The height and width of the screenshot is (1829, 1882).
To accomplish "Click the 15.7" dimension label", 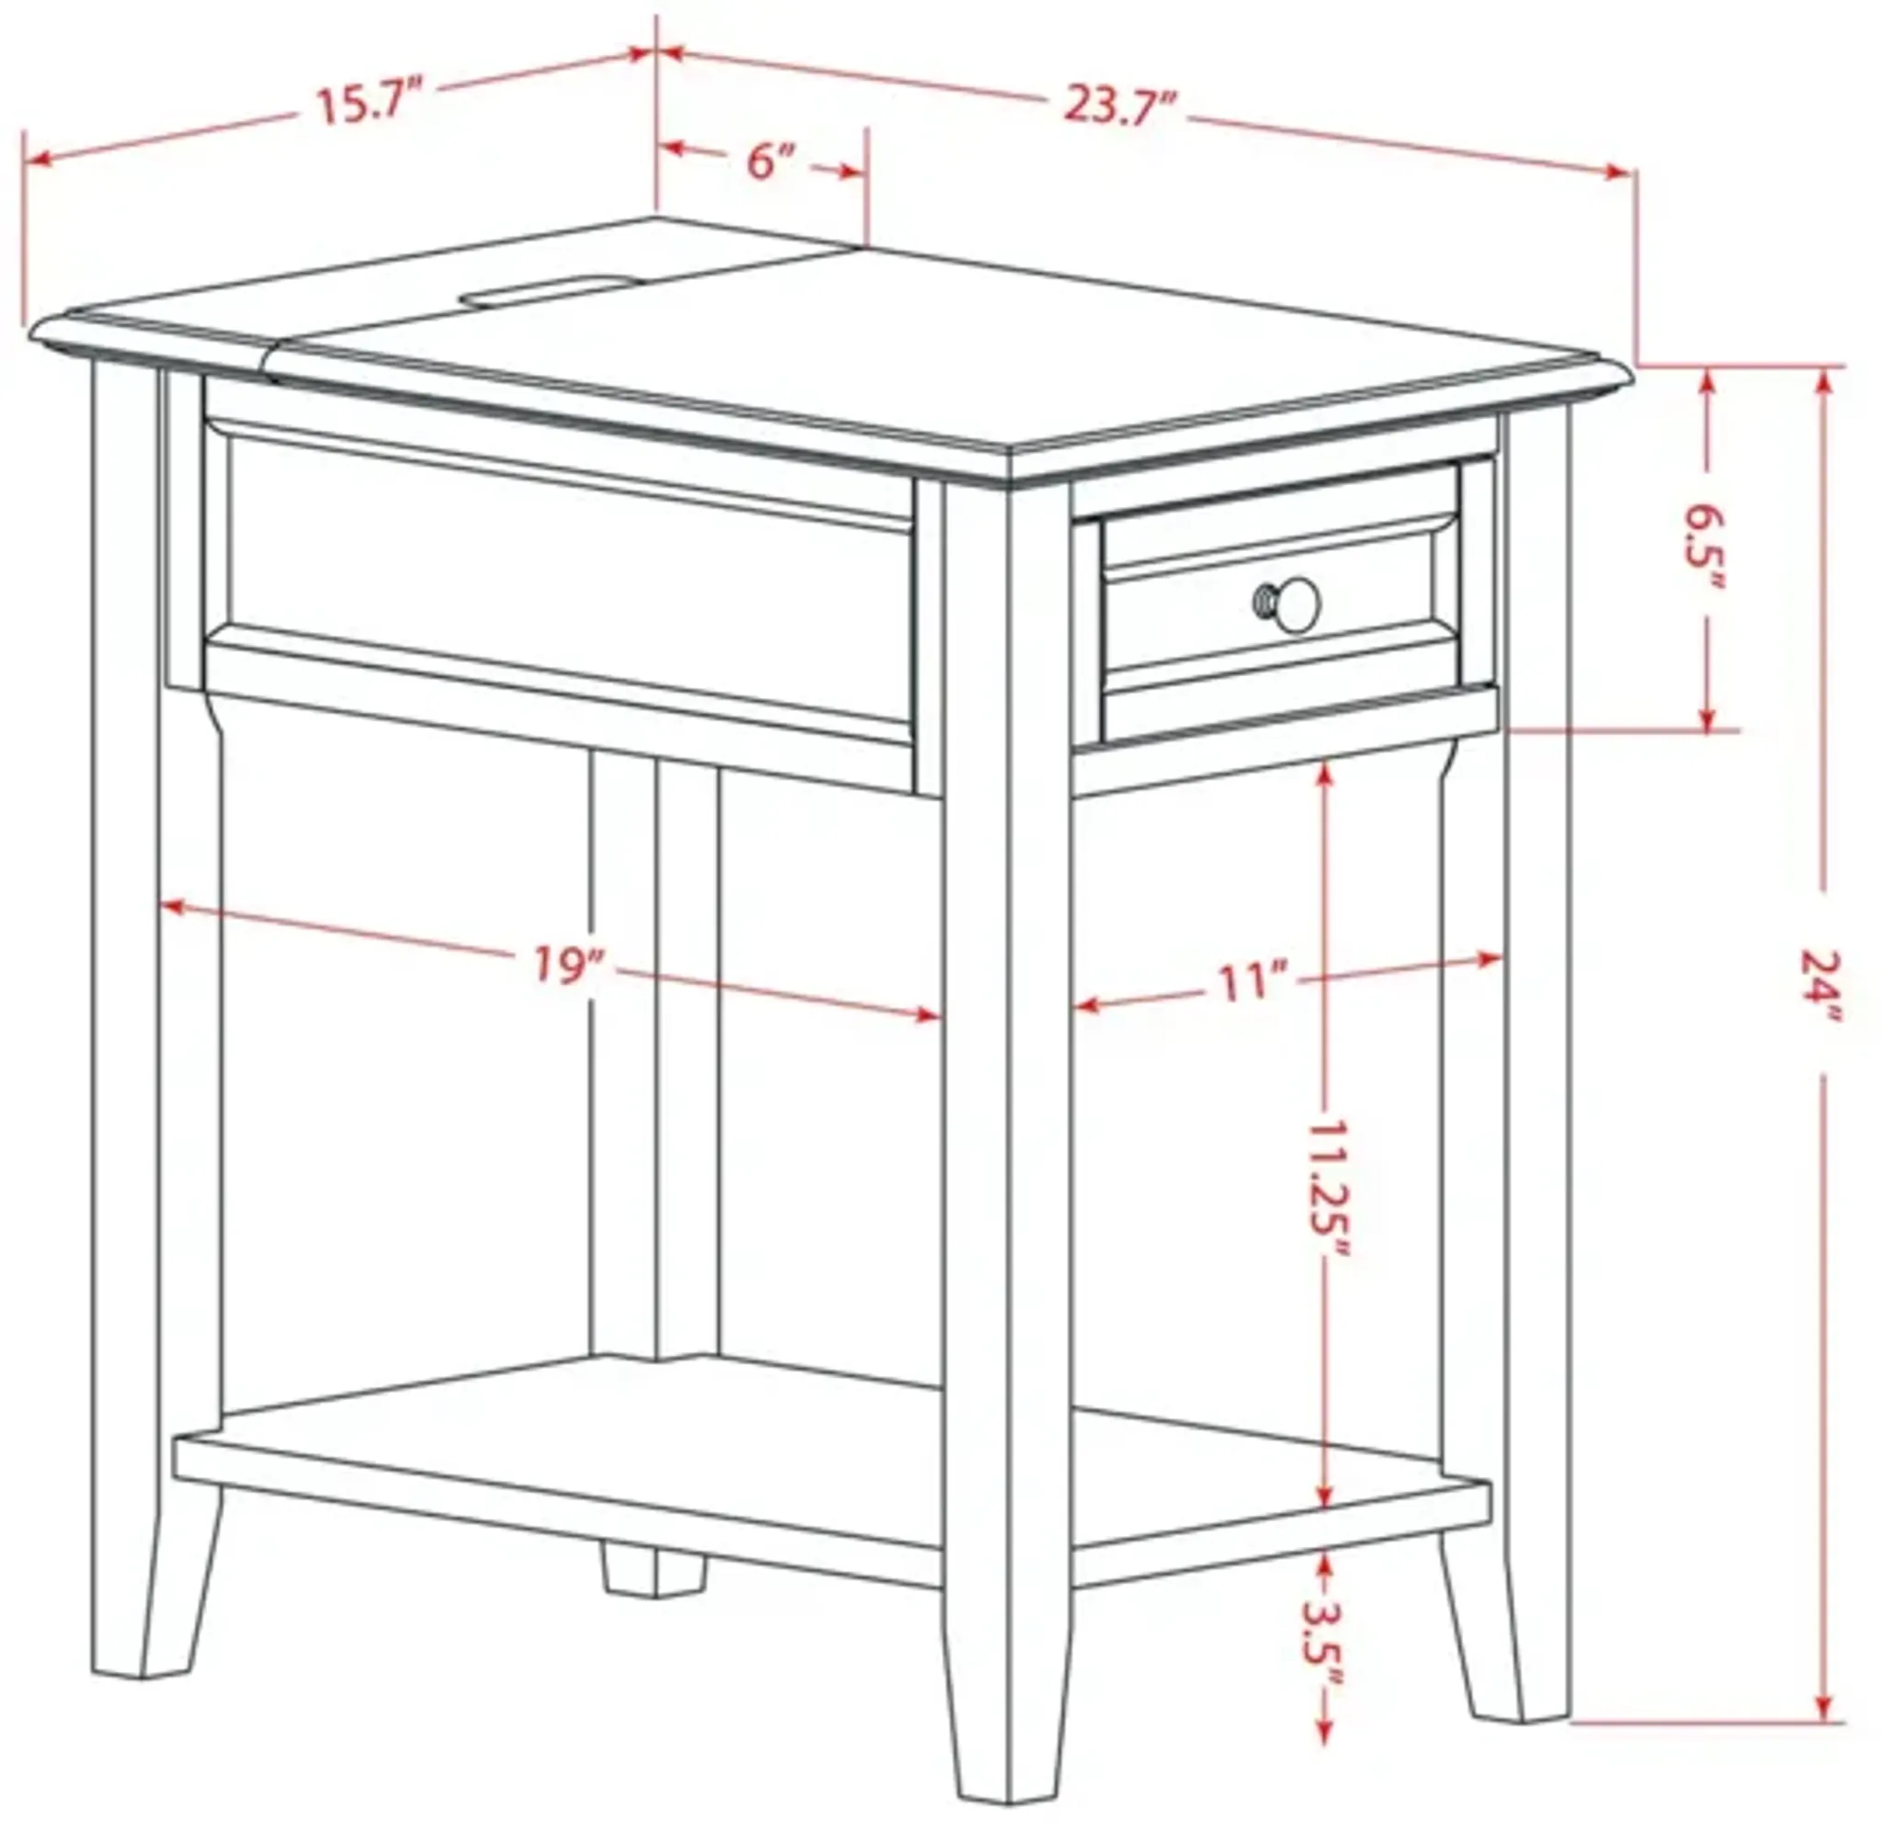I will (368, 102).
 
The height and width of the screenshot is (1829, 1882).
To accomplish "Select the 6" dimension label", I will (773, 161).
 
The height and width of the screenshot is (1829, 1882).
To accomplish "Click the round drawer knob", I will (1297, 604).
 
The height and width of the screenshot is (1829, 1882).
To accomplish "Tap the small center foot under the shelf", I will (653, 1568).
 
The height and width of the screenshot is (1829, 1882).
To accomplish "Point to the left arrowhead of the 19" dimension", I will (171, 905).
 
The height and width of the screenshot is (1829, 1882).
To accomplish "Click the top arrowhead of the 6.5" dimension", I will (1707, 381).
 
